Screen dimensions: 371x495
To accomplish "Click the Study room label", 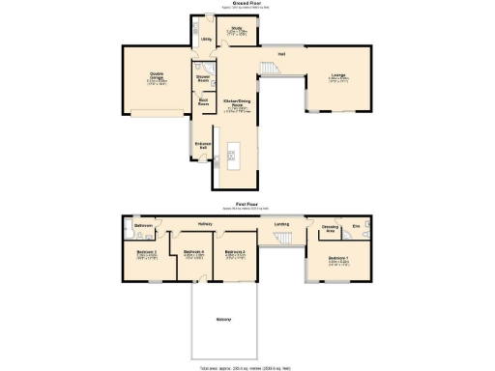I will click(236, 28).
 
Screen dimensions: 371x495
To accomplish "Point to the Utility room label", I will click(205, 39).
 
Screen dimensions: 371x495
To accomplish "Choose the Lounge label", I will click(338, 74).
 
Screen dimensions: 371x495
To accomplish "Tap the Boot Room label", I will click(203, 100).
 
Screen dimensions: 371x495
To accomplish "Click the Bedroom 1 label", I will click(337, 259).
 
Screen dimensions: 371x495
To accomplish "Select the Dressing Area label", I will click(328, 230).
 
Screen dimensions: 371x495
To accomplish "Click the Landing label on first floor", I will click(281, 225).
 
